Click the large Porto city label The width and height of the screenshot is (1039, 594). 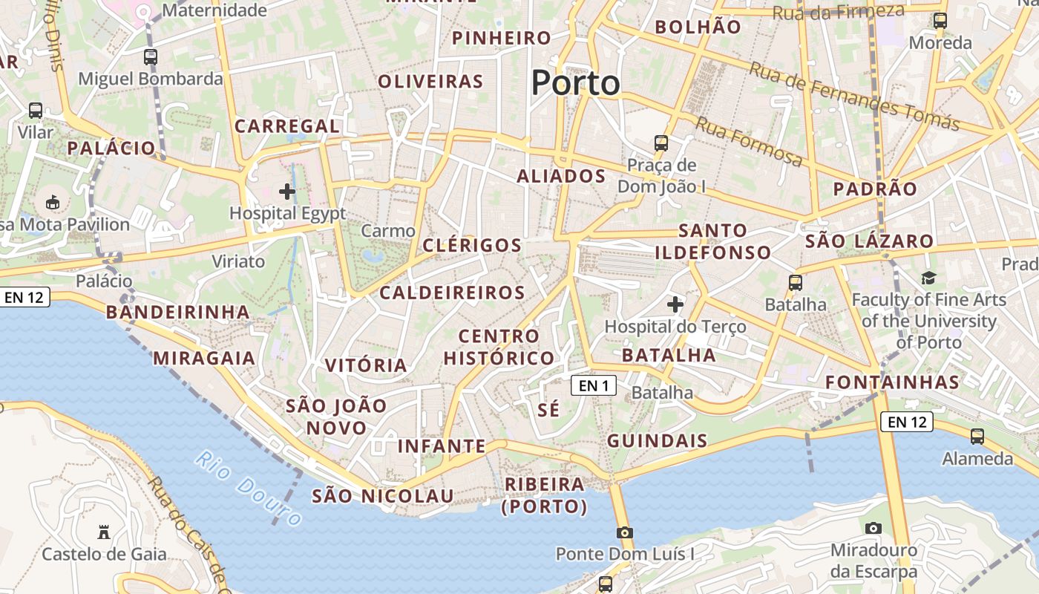tap(575, 82)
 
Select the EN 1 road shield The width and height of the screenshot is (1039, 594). tap(594, 385)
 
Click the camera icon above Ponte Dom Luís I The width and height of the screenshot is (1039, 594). tap(625, 532)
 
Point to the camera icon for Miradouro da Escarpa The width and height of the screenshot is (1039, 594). tap(874, 528)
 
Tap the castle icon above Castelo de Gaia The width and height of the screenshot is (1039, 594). tap(104, 532)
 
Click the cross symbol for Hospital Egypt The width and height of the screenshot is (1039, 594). tap(287, 192)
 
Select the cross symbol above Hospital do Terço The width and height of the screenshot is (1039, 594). tap(675, 304)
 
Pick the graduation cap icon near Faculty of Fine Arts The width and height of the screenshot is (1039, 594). tap(928, 278)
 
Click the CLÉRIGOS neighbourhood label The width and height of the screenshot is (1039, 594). tap(472, 245)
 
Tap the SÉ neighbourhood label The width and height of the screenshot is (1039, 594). tap(548, 410)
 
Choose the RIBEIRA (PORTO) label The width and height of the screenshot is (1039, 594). tap(545, 495)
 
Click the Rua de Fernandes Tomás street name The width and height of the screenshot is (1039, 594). tap(853, 96)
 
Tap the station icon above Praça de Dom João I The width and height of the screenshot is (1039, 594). tap(661, 143)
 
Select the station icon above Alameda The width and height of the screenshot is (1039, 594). tap(977, 437)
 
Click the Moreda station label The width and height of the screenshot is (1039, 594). tap(940, 42)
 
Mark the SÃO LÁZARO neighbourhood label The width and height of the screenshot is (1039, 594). tap(869, 241)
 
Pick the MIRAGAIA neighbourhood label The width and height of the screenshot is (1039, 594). tap(204, 359)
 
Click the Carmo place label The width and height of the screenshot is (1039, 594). tap(389, 231)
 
